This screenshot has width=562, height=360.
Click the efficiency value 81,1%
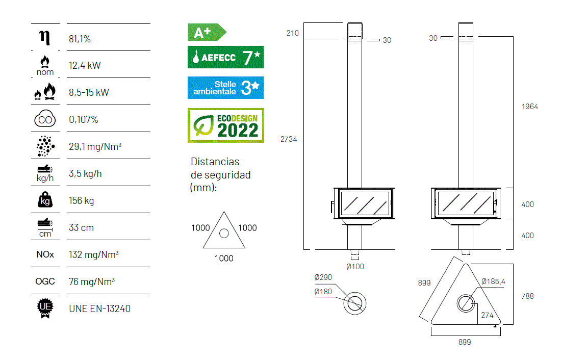pos(80,39)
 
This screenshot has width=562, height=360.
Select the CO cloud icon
pos(45,119)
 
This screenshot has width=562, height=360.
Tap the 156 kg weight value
pos(82,200)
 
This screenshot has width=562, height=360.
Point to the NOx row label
pos(45,254)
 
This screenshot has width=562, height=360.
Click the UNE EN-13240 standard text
pos(99,308)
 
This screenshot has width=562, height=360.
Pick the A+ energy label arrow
pos(207,32)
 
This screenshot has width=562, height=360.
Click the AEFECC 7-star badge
pos(225,57)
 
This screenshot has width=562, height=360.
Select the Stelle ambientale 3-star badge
pos(225,87)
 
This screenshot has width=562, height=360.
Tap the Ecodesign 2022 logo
pos(226,125)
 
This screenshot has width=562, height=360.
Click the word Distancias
pos(215,162)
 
